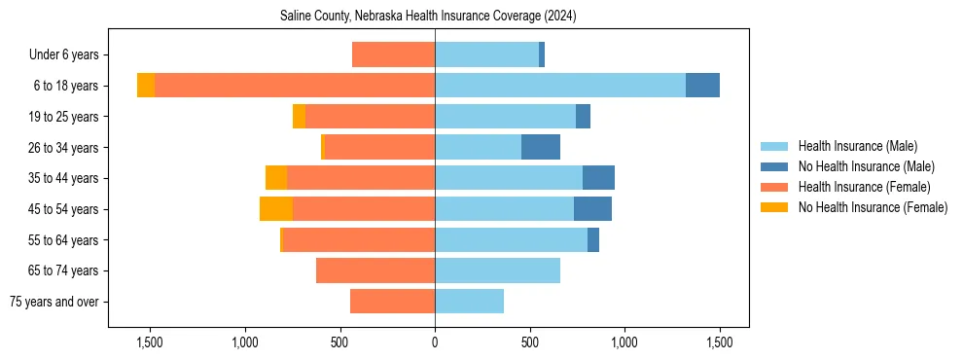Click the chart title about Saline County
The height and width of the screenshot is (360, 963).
pos(428,17)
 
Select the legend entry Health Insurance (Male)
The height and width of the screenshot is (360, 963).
pos(857,146)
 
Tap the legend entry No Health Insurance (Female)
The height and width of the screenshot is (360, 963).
pos(873,207)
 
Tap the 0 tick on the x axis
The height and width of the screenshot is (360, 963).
pos(435,342)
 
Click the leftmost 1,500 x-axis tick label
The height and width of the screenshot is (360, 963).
pos(150,342)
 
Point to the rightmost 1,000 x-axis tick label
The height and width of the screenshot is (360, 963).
pos(624,342)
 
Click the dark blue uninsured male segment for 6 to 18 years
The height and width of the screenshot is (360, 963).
pos(702,86)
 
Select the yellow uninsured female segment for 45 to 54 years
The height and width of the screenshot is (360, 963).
pos(276,209)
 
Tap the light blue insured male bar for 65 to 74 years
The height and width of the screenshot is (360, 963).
pos(497,270)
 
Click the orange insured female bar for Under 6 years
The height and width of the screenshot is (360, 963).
pos(393,55)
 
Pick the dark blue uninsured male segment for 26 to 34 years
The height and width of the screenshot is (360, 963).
pos(541,148)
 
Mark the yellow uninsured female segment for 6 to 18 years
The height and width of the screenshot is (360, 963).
pos(146,86)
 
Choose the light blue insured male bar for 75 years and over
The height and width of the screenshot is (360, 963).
pos(469,302)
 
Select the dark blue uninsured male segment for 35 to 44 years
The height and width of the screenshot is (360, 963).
pos(598,178)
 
